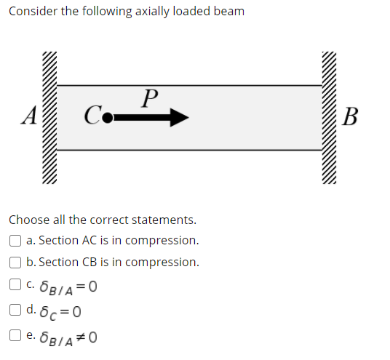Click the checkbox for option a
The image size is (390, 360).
[x=15, y=241]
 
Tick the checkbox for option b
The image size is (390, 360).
[x=15, y=263]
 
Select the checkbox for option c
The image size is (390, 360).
[x=15, y=285]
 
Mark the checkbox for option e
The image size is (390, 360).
[x=15, y=336]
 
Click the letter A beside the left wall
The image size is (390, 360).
[x=30, y=116]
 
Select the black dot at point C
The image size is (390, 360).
[x=107, y=117]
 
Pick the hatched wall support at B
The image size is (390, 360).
[x=331, y=116]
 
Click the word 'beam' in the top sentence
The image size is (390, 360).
[x=230, y=12]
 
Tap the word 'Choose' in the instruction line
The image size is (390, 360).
[x=28, y=219]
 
